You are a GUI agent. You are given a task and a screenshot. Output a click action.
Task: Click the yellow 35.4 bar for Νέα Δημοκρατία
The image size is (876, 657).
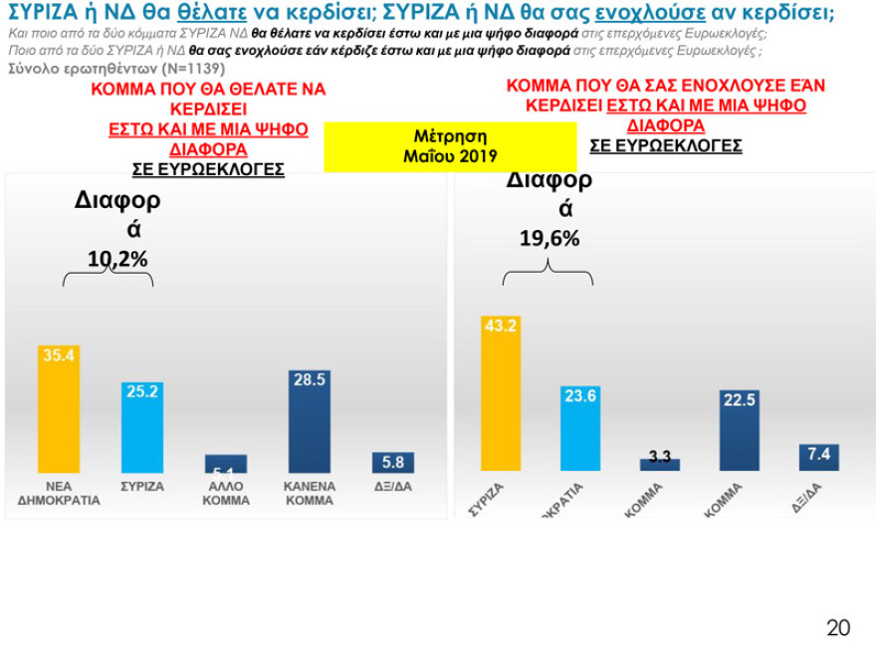point(59,410)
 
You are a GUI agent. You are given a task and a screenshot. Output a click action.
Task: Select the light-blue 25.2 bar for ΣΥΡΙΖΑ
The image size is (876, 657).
point(142,428)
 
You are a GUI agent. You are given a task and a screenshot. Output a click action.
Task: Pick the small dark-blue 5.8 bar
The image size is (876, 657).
point(392,463)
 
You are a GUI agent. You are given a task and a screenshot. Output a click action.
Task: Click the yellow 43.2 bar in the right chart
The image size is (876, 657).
point(501,393)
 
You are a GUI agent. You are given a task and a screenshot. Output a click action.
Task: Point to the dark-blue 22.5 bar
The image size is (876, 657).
point(739,430)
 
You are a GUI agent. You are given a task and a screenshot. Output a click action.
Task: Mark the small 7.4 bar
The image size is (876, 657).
point(818,457)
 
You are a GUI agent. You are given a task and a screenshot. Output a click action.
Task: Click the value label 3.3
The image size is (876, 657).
point(659,457)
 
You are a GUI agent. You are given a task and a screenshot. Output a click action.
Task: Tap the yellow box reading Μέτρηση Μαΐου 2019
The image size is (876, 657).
point(450,146)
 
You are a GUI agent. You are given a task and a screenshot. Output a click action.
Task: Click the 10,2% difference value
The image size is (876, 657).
point(117,259)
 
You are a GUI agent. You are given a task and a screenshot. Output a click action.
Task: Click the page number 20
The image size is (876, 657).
point(838,627)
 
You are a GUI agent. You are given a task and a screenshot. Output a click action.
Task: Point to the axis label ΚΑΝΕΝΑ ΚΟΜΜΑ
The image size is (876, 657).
point(309,494)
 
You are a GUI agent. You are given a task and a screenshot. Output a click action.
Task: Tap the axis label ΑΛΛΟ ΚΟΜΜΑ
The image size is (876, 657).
point(226,494)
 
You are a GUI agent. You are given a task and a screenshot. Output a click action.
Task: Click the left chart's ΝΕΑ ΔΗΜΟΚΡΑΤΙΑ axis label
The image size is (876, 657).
point(59,494)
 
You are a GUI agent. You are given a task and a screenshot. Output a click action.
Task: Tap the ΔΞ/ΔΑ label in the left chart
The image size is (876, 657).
point(392,488)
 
